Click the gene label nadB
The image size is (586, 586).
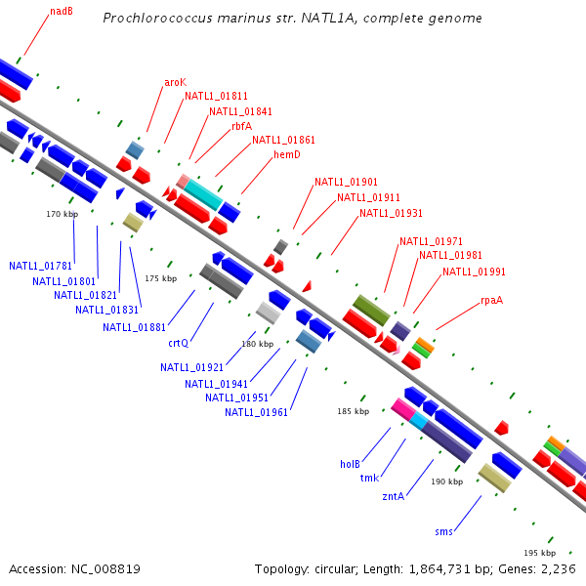click(61, 13)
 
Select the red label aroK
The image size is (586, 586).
click(175, 82)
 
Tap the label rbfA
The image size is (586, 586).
click(241, 126)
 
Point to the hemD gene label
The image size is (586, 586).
click(286, 154)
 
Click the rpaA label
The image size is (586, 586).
click(491, 300)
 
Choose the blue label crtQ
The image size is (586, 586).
click(178, 343)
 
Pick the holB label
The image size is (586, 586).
click(351, 463)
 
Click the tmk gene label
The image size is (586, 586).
click(369, 478)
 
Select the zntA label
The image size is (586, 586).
click(393, 495)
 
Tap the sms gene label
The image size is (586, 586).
click(443, 532)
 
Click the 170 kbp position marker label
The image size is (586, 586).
click(62, 213)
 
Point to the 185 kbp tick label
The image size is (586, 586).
click(353, 411)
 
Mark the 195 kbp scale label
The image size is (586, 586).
click(538, 552)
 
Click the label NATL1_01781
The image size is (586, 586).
click(41, 266)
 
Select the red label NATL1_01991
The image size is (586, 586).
click(474, 272)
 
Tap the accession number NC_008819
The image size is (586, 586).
click(106, 568)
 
